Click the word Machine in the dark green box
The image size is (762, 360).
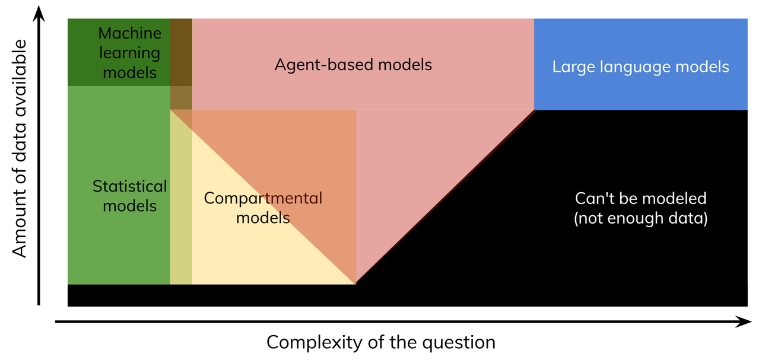pyautogui.click(x=129, y=33)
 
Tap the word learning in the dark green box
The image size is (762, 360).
pyautogui.click(x=129, y=53)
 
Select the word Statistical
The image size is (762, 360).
pyautogui.click(x=129, y=186)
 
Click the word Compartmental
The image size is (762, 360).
pyautogui.click(x=263, y=199)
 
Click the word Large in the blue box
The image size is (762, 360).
pyautogui.click(x=574, y=67)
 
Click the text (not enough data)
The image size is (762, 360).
pyautogui.click(x=640, y=218)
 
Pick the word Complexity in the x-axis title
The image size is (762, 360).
pyautogui.click(x=314, y=343)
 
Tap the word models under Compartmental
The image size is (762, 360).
pyautogui.click(x=263, y=218)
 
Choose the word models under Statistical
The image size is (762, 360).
pyautogui.click(x=129, y=206)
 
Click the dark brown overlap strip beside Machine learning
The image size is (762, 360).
pyautogui.click(x=181, y=52)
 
